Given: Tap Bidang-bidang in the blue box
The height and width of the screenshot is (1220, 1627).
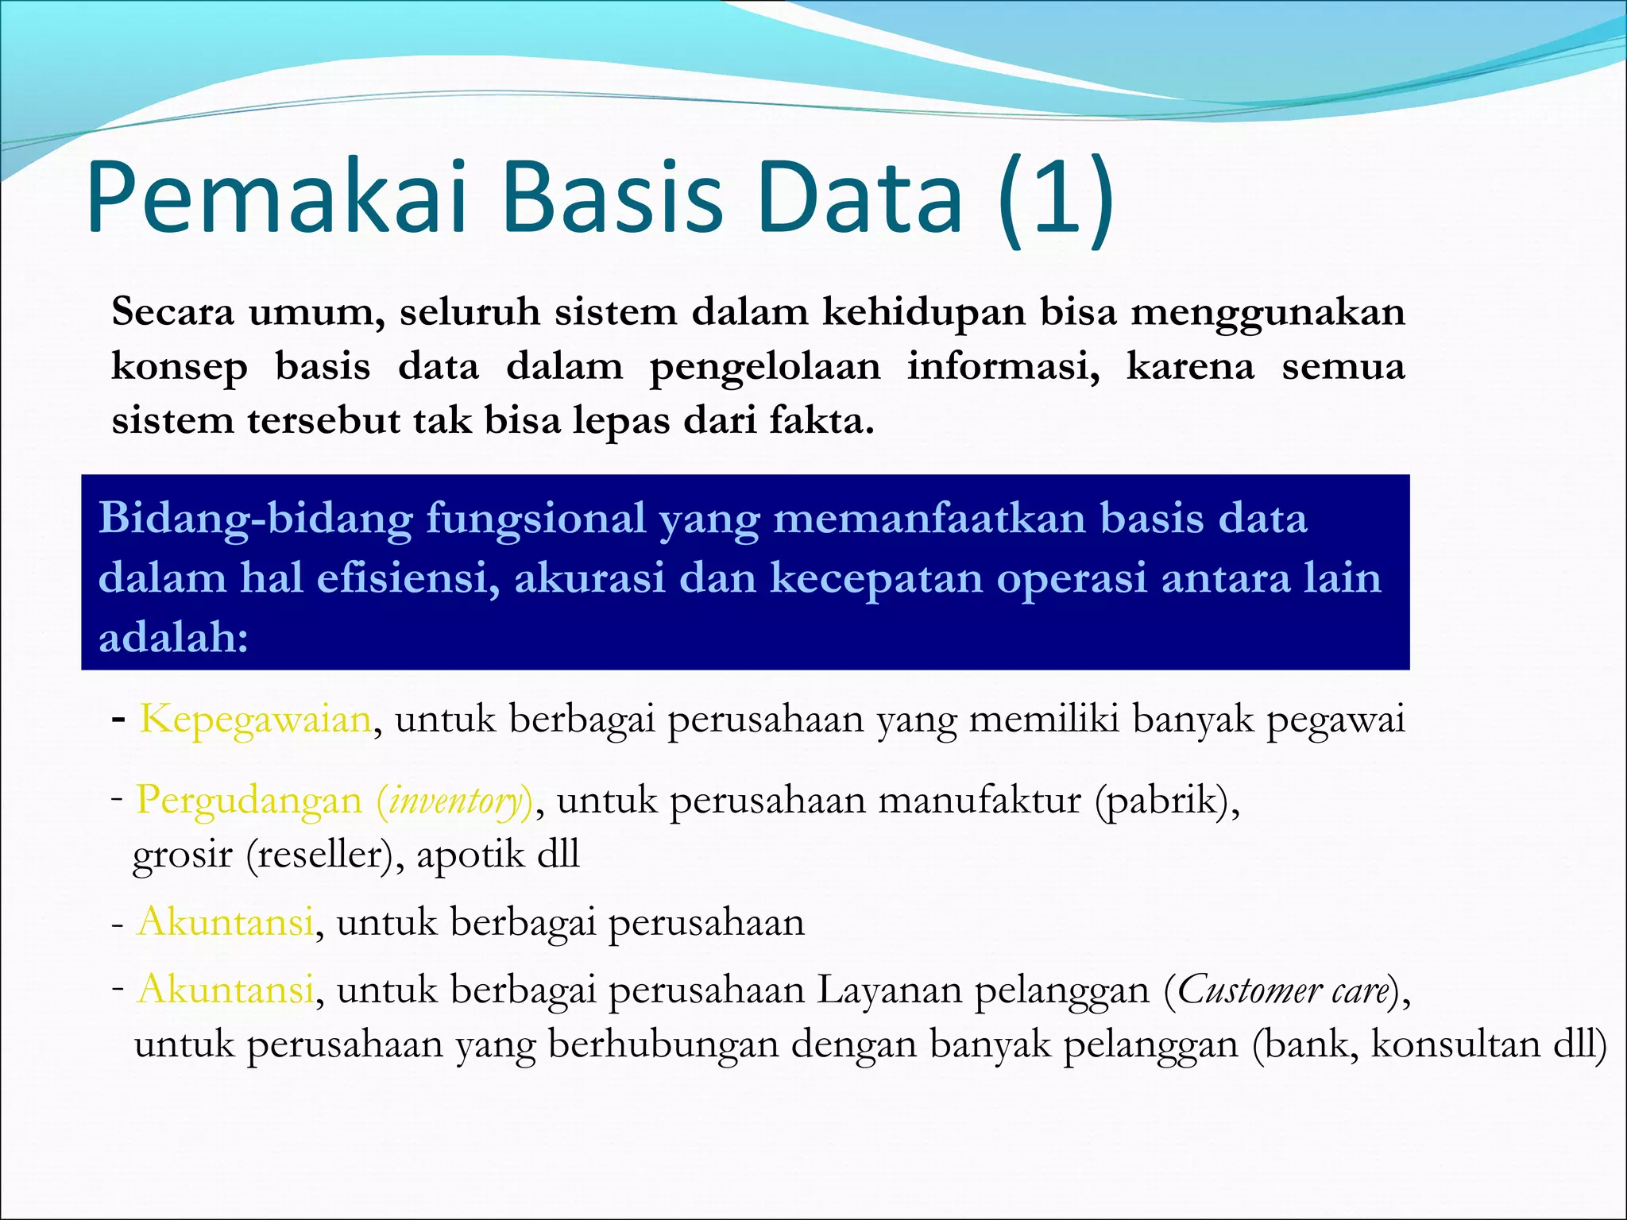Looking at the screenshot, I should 255,519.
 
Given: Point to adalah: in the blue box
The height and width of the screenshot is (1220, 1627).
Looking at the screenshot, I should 173,637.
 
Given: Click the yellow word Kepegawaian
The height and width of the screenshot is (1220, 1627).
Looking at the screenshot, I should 255,720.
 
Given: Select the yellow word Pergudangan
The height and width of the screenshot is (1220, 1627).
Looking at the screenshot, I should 249,800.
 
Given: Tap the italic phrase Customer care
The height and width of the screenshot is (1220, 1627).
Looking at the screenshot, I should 1282,990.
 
